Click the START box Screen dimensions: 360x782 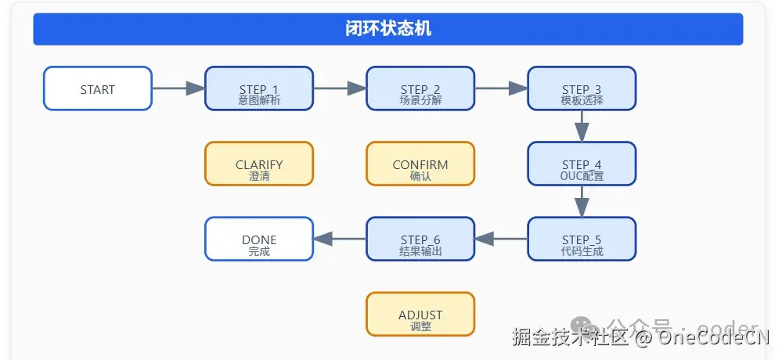click(x=98, y=88)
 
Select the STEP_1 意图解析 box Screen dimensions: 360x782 click(x=259, y=88)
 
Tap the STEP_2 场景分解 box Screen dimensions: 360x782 click(x=420, y=88)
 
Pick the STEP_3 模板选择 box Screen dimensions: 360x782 click(x=582, y=88)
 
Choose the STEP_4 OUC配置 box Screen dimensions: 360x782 click(x=582, y=164)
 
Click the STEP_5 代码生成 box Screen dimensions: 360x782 click(x=582, y=239)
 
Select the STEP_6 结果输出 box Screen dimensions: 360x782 click(x=420, y=239)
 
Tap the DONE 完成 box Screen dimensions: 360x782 click(x=259, y=239)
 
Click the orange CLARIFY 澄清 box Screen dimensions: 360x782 click(x=259, y=164)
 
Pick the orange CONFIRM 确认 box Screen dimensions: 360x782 click(x=420, y=164)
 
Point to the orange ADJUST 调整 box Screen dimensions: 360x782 click(x=420, y=314)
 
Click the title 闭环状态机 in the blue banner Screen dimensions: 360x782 click(x=388, y=30)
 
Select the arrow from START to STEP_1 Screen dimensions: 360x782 click(x=178, y=88)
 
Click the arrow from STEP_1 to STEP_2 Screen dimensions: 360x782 click(x=340, y=88)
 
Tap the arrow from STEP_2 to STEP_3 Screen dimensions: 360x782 click(x=501, y=88)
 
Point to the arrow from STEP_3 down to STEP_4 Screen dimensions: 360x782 click(x=582, y=126)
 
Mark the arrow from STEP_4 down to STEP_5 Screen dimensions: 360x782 click(x=582, y=201)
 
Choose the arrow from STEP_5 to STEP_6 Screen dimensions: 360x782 click(x=501, y=239)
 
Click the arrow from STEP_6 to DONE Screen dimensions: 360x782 click(x=340, y=239)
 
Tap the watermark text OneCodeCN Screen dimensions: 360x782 click(x=713, y=338)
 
